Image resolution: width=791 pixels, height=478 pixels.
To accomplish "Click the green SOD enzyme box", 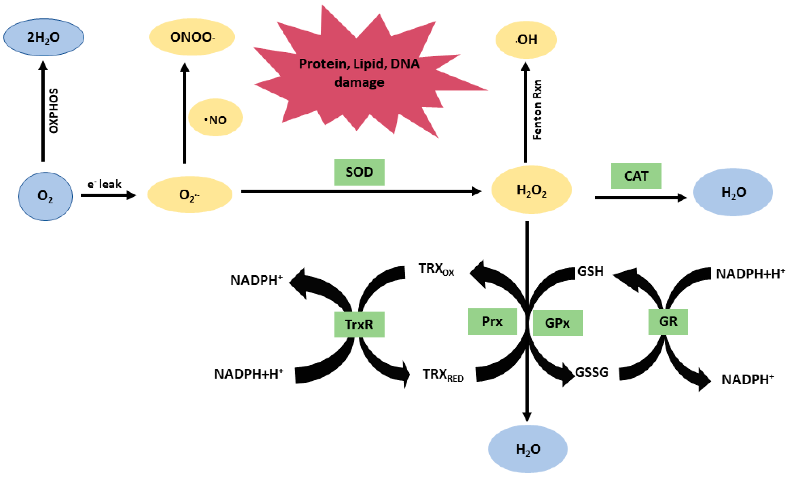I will click(359, 172).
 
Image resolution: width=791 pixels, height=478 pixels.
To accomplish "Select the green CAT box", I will click(636, 176).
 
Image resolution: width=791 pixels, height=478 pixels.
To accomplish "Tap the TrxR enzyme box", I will click(359, 325).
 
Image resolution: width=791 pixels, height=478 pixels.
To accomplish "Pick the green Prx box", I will click(492, 322).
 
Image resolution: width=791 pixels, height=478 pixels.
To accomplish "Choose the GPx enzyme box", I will click(557, 323).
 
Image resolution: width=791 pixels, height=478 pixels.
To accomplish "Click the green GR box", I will click(668, 322).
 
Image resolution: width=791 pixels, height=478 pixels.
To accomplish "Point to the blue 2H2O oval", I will click(44, 37).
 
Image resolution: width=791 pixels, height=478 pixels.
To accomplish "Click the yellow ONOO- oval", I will click(192, 37).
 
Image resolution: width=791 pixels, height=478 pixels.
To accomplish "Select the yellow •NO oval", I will click(215, 118).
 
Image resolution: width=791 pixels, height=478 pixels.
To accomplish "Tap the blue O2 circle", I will click(45, 196).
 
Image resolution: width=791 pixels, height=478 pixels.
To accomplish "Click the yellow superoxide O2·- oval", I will click(190, 195).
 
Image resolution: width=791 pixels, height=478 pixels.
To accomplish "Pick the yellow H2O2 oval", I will click(531, 190).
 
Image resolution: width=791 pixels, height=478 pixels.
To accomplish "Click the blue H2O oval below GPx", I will click(528, 449).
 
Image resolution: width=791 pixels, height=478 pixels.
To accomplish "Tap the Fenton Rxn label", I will click(537, 110).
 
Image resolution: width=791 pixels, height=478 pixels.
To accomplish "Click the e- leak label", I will click(104, 184).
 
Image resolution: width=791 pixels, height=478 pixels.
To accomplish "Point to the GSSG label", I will click(592, 373).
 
